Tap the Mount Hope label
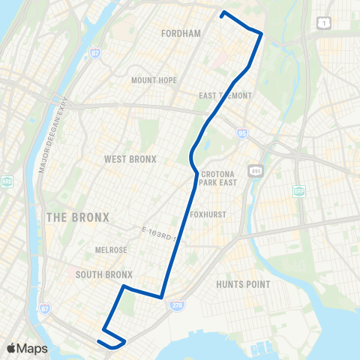point(154,80)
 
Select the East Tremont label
point(226,96)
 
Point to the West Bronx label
point(130,159)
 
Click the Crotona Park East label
point(219,177)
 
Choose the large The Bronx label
point(78,217)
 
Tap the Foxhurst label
point(223,214)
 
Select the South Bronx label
point(104,274)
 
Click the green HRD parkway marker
point(7,181)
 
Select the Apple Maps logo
point(27,348)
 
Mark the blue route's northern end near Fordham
point(222,13)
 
